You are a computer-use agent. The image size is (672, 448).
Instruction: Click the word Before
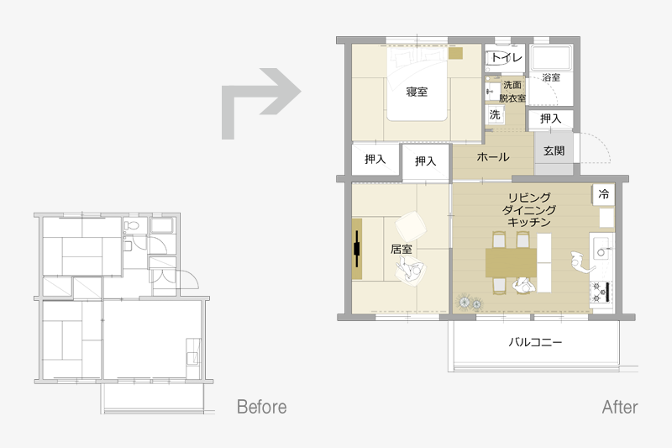[x=261, y=407]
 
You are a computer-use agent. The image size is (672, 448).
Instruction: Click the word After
[x=620, y=407]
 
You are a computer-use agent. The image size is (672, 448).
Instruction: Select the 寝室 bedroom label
[x=417, y=92]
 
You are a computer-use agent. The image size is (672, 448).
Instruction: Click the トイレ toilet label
[x=507, y=57]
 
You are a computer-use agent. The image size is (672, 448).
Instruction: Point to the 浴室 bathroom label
[x=551, y=77]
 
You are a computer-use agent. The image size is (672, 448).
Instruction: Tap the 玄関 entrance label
[x=554, y=151]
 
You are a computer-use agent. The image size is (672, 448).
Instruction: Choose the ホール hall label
[x=493, y=157]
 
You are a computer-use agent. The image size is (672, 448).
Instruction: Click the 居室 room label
[x=402, y=249]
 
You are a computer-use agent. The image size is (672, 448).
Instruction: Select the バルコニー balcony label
[x=535, y=342]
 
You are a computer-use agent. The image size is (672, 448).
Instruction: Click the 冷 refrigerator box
[x=603, y=194]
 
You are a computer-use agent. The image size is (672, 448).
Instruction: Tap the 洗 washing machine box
[x=495, y=115]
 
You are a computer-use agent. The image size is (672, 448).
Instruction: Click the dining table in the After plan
[x=512, y=262]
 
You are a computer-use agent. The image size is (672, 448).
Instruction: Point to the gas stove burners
[x=601, y=293]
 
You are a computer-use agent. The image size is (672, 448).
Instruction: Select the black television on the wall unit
[x=356, y=249]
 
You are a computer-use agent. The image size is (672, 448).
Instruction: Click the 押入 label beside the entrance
[x=550, y=119]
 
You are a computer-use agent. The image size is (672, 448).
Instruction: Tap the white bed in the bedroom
[x=417, y=84]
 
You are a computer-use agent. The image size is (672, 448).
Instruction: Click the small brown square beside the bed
[x=455, y=54]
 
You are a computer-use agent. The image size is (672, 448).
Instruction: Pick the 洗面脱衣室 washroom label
[x=512, y=92]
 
